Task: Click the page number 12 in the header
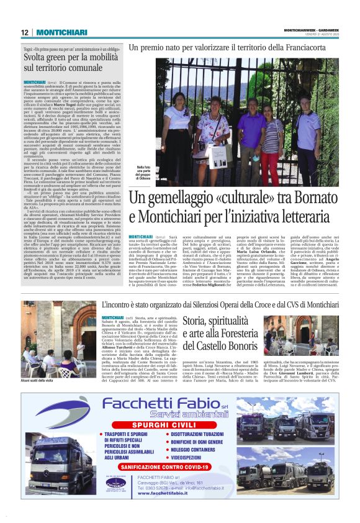[x=24, y=33]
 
